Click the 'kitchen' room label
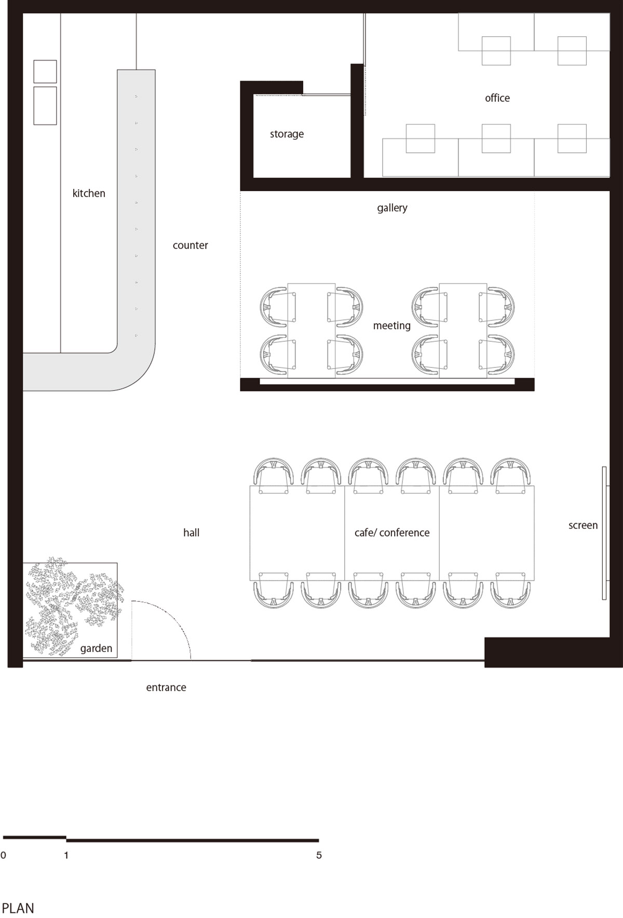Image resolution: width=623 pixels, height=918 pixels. [x=89, y=193]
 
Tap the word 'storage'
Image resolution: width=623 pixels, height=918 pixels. [x=287, y=134]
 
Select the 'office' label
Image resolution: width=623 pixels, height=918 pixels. [x=497, y=98]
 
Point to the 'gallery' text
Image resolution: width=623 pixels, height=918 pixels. [x=392, y=208]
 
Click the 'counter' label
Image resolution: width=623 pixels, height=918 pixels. [x=190, y=245]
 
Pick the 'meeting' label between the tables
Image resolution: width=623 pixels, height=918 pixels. [x=392, y=326]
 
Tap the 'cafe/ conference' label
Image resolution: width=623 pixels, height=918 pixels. [x=392, y=533]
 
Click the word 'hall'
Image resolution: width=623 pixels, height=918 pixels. [x=191, y=533]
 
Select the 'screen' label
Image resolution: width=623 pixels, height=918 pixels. [x=583, y=525]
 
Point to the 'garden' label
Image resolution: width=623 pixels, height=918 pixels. [x=96, y=648]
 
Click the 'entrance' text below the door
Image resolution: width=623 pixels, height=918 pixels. [x=166, y=687]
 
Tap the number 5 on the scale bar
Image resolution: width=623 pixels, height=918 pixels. [x=319, y=855]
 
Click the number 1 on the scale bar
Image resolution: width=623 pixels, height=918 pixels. [x=66, y=855]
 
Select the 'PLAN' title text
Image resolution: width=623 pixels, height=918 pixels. [x=18, y=908]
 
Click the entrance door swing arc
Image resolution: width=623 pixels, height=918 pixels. [x=174, y=617]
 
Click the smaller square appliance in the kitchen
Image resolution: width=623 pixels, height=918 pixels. [x=45, y=71]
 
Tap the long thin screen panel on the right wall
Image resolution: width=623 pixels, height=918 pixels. [x=604, y=533]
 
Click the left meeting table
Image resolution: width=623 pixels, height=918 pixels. [x=311, y=330]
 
